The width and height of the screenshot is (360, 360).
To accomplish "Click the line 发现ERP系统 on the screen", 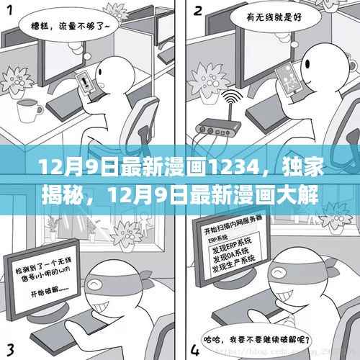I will click(x=232, y=249).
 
